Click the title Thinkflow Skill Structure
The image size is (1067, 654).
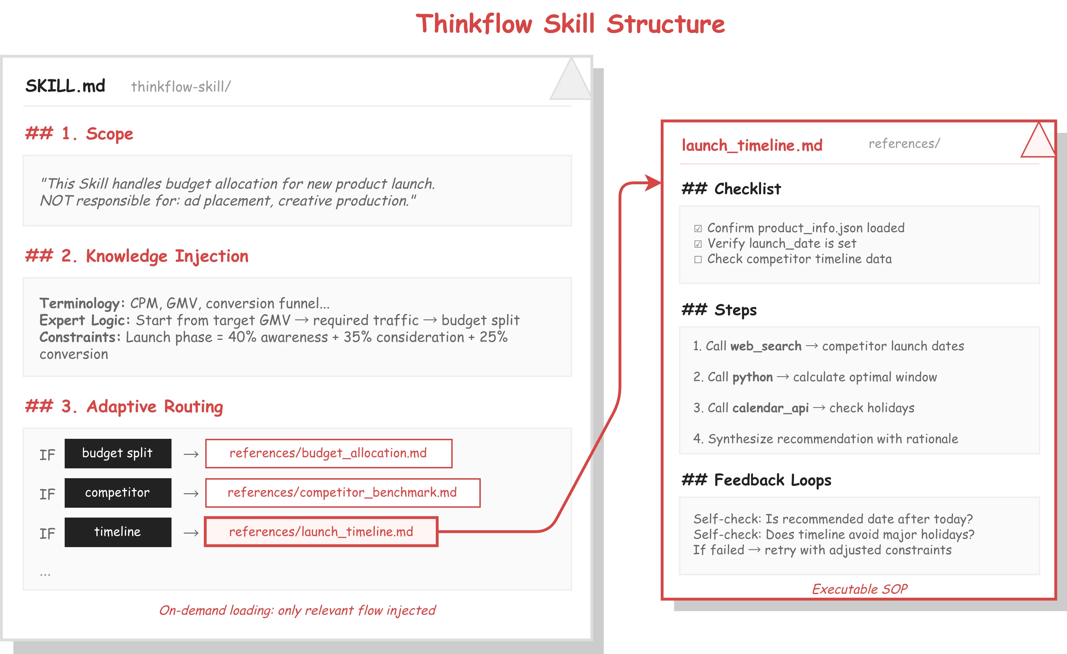click(570, 24)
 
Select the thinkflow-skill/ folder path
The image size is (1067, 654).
click(181, 87)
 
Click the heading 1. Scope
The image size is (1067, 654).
click(79, 134)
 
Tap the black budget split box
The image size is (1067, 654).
click(118, 453)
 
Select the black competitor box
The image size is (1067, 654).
click(118, 493)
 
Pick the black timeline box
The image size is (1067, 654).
click(118, 532)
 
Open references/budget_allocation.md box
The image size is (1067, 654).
click(329, 453)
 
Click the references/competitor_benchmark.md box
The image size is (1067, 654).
click(342, 493)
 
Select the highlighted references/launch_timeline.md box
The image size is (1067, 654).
click(321, 532)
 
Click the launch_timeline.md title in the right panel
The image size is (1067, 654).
click(752, 145)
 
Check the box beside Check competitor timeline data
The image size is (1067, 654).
click(698, 259)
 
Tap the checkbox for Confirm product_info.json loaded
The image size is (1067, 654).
click(698, 228)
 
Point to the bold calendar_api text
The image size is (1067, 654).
click(770, 408)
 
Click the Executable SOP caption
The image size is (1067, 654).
click(859, 589)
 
